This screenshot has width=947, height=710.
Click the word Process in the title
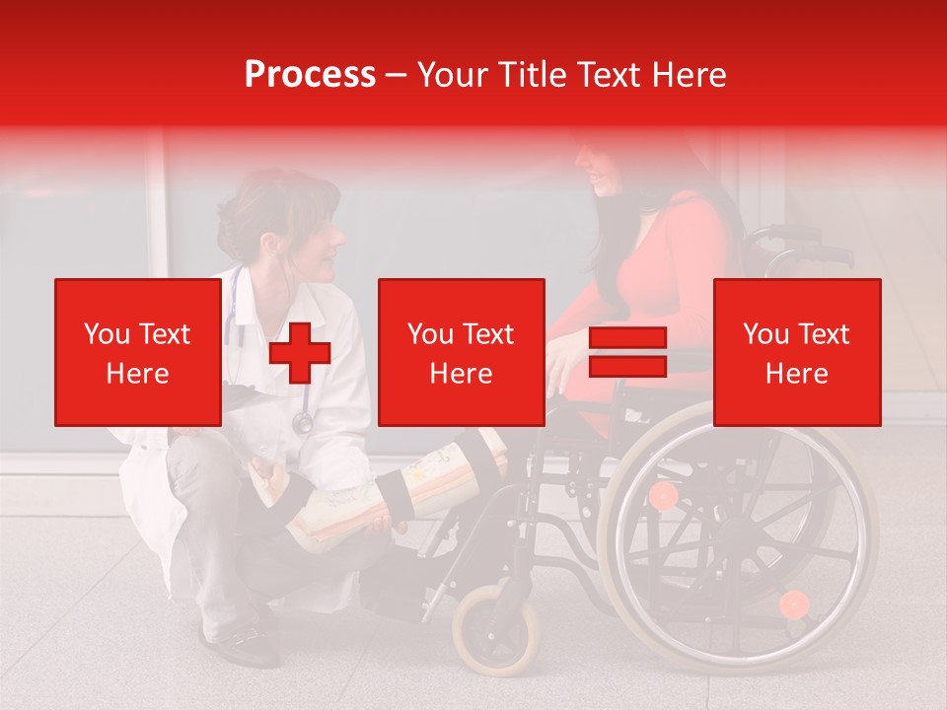pos(310,75)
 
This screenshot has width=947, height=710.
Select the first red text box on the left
pos(138,352)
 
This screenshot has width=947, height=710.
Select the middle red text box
pos(461,352)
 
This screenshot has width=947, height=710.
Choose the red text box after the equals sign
pos(796,352)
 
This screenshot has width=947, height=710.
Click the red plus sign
pos(300,353)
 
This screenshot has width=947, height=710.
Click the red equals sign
pos(627,353)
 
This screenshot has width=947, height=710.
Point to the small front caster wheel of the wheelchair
pos(496,628)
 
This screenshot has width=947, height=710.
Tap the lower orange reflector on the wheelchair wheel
pos(793,603)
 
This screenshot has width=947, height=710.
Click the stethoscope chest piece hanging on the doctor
pos(302,423)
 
